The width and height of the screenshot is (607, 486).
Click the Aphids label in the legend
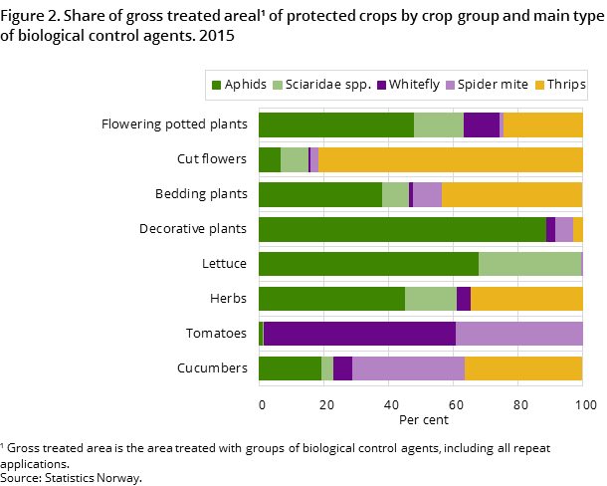pyautogui.click(x=245, y=85)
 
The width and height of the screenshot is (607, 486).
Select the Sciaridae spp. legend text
pyautogui.click(x=327, y=85)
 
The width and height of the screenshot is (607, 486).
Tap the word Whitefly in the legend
pyautogui.click(x=415, y=85)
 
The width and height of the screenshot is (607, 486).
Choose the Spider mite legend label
pyautogui.click(x=493, y=85)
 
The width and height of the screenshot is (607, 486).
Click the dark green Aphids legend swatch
pyautogui.click(x=216, y=86)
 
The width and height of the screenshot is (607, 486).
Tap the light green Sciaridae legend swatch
pyautogui.click(x=278, y=86)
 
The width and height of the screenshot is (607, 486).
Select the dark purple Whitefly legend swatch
pyautogui.click(x=382, y=86)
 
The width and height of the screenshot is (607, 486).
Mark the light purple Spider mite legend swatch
pyautogui.click(x=450, y=86)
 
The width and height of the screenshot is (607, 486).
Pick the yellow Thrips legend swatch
pyautogui.click(x=542, y=86)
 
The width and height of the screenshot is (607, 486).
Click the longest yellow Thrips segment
pyautogui.click(x=450, y=159)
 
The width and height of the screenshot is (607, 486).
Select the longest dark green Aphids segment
pyautogui.click(x=402, y=229)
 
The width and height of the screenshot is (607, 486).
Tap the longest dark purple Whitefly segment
pyautogui.click(x=359, y=334)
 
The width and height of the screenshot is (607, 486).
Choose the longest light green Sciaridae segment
pyautogui.click(x=529, y=264)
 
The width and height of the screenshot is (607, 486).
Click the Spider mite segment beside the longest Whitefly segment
pyautogui.click(x=518, y=334)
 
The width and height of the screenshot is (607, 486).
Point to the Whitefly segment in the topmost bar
pyautogui.click(x=481, y=124)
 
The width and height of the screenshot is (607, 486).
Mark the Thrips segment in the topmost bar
pyautogui.click(x=542, y=124)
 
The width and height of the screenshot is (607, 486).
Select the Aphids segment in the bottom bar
pyautogui.click(x=290, y=368)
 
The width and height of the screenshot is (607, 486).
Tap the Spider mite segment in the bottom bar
pyautogui.click(x=408, y=368)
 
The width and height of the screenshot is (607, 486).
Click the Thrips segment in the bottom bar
pyautogui.click(x=523, y=368)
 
